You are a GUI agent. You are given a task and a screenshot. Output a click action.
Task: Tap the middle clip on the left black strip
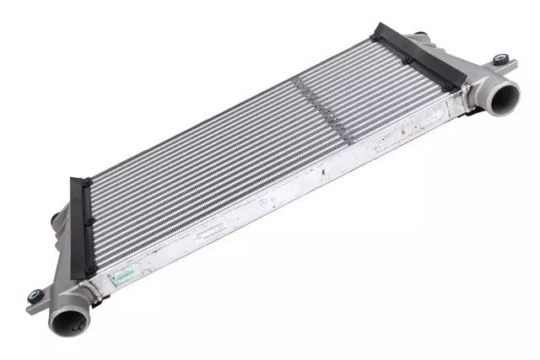87,223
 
